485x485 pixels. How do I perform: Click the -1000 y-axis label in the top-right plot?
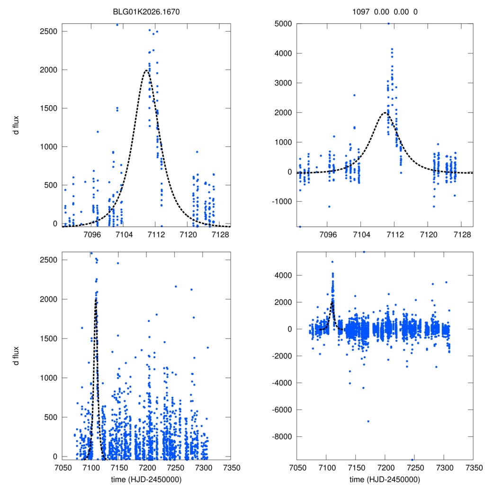[281, 201]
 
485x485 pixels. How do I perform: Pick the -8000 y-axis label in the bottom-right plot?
[281, 436]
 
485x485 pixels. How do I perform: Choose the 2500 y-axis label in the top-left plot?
[49, 31]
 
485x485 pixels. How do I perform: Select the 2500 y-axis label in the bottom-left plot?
[49, 260]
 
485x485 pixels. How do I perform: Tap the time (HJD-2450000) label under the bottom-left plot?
[146, 479]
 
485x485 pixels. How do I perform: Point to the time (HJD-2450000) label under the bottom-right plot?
[385, 479]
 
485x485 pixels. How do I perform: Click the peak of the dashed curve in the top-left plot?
[146, 71]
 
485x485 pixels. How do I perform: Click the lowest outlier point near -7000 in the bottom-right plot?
[368, 421]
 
